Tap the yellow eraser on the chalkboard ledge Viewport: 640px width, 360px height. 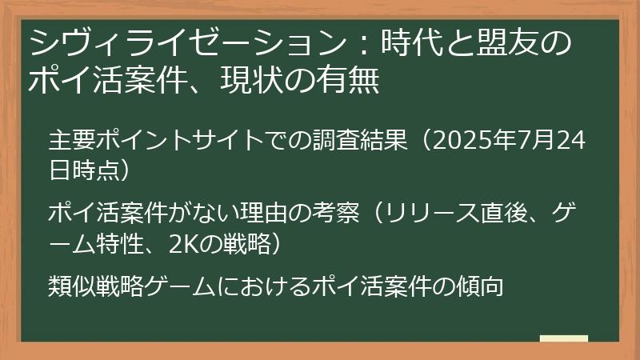click(563, 338)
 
